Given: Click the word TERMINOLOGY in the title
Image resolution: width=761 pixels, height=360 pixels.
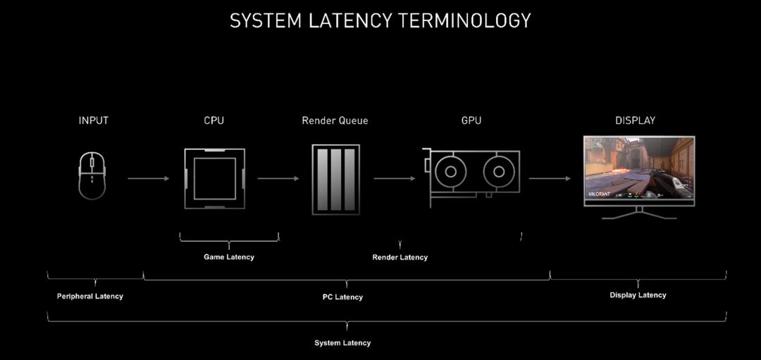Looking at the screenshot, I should pyautogui.click(x=464, y=21).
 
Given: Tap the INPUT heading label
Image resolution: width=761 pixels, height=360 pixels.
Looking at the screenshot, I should pyautogui.click(x=94, y=120).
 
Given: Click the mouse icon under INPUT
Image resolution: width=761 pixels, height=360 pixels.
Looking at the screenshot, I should pyautogui.click(x=92, y=178).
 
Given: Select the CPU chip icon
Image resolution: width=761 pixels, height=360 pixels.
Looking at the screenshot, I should pyautogui.click(x=215, y=178).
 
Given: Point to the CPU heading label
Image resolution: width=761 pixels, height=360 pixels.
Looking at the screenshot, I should pyautogui.click(x=214, y=120).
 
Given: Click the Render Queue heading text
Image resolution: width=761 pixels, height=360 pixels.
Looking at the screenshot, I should pyautogui.click(x=335, y=120).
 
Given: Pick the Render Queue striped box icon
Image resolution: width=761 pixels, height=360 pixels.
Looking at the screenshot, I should pyautogui.click(x=335, y=179).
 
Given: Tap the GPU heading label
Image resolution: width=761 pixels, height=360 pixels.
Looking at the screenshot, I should pyautogui.click(x=471, y=120).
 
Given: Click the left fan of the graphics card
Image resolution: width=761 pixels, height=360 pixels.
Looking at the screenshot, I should pyautogui.click(x=449, y=172).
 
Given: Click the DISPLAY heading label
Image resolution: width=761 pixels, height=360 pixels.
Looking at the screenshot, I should pyautogui.click(x=635, y=120).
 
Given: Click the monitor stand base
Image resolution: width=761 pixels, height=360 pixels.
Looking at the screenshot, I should pyautogui.click(x=639, y=217).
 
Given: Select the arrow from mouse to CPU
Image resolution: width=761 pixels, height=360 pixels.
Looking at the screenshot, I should pyautogui.click(x=149, y=178).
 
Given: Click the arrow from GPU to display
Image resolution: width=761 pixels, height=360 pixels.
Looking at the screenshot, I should pyautogui.click(x=550, y=178).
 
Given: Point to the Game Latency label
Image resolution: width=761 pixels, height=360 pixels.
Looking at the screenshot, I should pyautogui.click(x=229, y=257).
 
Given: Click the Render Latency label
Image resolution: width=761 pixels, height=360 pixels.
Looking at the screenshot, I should pyautogui.click(x=400, y=257).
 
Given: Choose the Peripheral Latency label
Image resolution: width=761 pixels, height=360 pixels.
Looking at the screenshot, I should pyautogui.click(x=90, y=297).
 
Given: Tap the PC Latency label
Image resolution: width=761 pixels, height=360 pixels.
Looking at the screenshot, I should pyautogui.click(x=343, y=297).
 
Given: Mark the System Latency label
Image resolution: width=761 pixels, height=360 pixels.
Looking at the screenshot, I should pyautogui.click(x=342, y=343).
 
